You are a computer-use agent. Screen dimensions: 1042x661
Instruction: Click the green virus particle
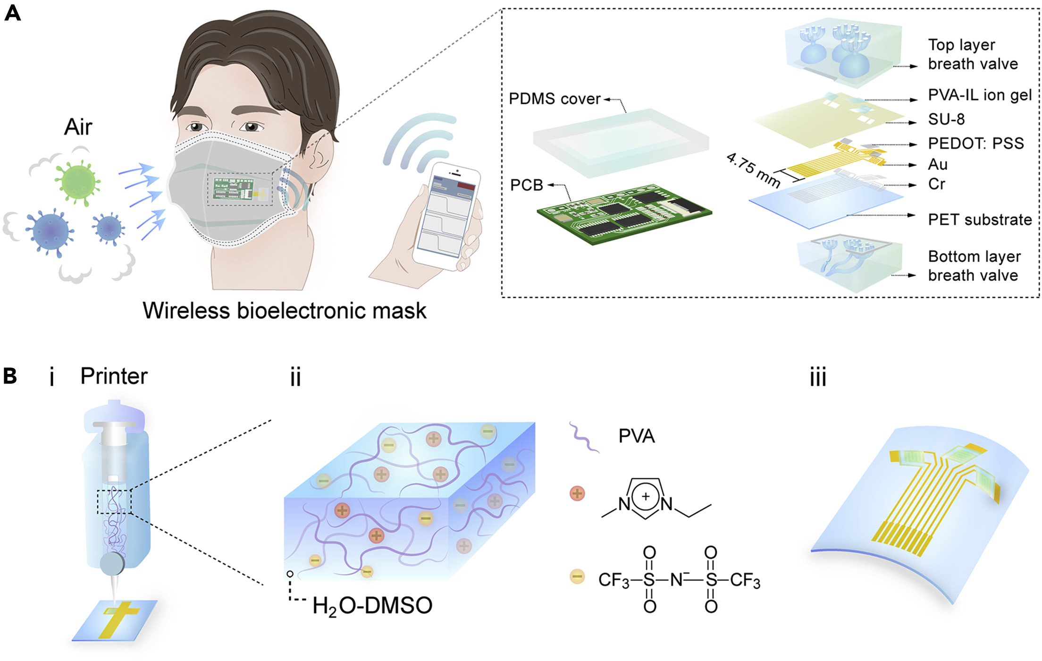point(77,181)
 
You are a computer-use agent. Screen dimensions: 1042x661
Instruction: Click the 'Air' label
point(78,127)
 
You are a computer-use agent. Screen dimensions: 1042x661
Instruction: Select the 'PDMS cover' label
point(555,99)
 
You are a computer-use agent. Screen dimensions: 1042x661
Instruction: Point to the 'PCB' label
point(527,185)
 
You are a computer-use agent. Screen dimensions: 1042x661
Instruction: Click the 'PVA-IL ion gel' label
point(980,95)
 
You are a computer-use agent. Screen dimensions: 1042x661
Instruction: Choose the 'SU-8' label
point(946,119)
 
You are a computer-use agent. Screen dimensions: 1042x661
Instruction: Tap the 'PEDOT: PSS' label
point(976,143)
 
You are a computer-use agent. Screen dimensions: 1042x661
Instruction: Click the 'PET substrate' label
point(980,220)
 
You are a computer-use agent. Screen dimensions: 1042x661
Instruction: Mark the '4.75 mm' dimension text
point(753,170)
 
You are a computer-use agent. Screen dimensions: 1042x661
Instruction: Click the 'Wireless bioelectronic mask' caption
point(285,311)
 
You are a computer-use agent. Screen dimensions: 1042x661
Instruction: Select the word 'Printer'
point(114,376)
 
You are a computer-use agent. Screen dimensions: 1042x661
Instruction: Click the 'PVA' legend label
point(637,436)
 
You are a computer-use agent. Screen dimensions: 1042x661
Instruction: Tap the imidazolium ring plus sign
point(646,497)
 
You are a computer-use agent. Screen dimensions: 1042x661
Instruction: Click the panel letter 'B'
point(10,376)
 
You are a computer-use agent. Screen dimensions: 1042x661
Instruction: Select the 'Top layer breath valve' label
point(973,54)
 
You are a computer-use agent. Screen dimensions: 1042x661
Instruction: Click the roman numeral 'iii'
point(818,377)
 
